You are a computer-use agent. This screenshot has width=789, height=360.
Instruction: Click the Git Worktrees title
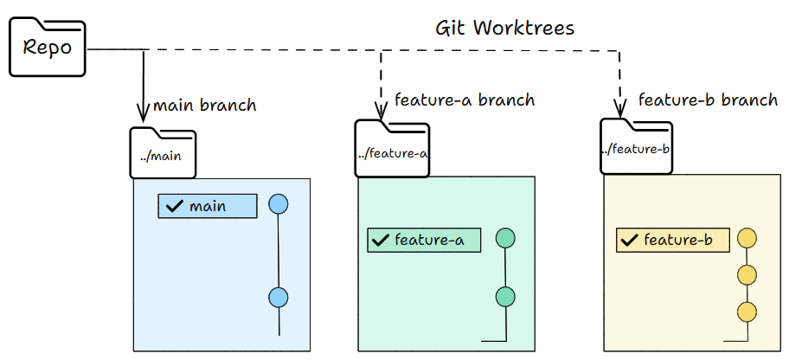pos(504,28)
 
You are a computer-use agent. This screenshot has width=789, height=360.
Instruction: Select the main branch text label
pos(204,106)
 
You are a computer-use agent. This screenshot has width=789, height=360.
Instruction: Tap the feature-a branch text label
pos(465,100)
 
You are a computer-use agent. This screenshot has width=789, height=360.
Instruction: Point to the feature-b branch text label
pos(708,100)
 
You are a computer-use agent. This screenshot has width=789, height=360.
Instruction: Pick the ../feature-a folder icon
pos(393,150)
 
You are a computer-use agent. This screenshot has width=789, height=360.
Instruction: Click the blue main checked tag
pos(208,206)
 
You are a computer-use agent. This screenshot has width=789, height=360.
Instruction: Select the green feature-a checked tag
pos(424,240)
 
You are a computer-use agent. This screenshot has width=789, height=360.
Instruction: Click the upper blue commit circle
pos(279,204)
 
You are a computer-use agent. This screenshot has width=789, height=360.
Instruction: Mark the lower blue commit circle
pos(279,297)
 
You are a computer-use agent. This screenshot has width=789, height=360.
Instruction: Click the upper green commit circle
pos(505,238)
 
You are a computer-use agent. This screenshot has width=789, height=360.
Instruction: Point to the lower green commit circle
pos(505,297)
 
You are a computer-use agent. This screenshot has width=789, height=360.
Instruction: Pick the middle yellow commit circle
pos(747,275)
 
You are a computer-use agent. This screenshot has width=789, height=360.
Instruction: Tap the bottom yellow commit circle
pos(747,312)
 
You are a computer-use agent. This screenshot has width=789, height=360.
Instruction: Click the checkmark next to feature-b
pos(629,240)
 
